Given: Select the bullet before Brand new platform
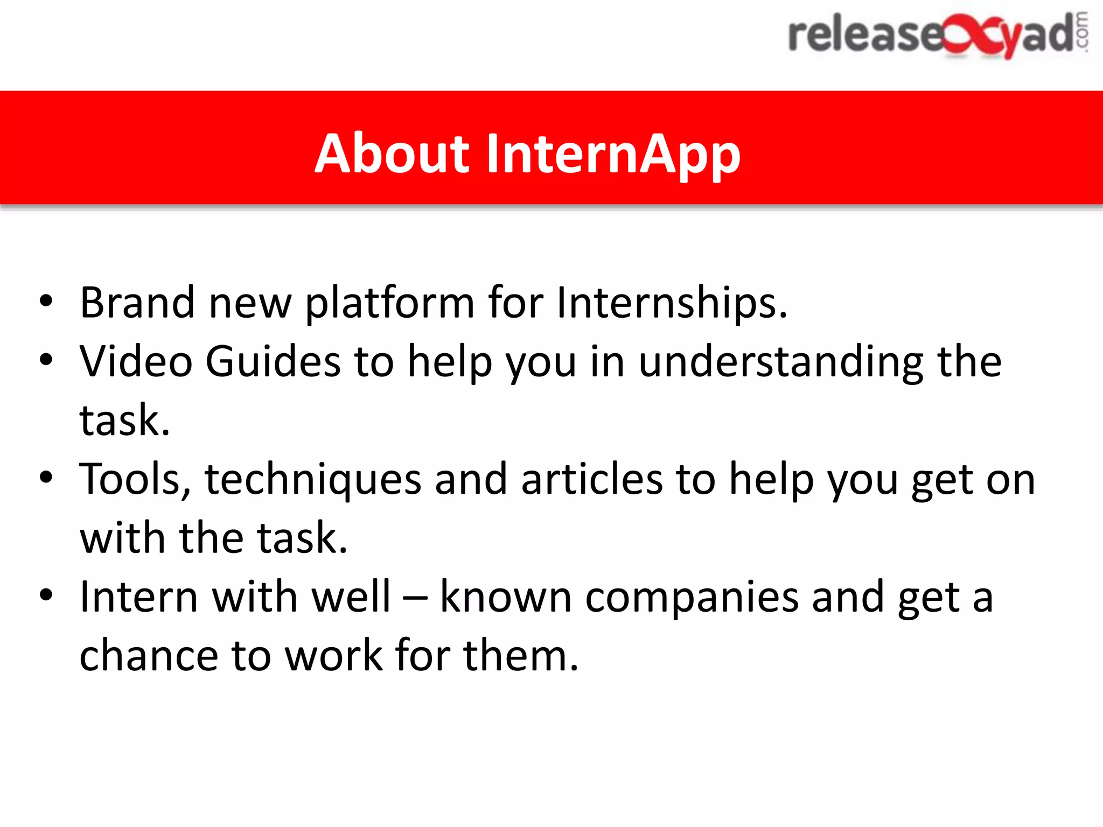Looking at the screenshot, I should point(46,302).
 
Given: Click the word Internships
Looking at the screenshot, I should point(671,303).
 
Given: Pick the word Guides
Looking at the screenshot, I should point(273,362).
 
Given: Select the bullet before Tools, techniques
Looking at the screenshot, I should point(46,478).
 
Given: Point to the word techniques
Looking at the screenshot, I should point(313,480).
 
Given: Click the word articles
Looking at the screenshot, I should point(592,480).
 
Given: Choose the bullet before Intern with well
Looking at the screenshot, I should point(46,595).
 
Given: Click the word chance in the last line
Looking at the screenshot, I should point(149,656).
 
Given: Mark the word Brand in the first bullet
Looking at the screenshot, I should point(137,303).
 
